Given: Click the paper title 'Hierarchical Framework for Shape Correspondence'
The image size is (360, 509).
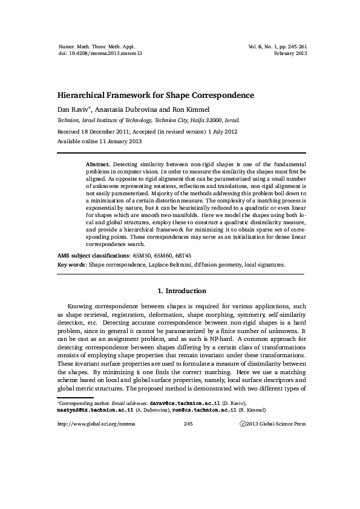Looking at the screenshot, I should [155, 96].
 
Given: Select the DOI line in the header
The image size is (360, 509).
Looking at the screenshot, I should [94, 53].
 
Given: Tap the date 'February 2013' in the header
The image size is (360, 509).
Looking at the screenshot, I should [290, 53].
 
